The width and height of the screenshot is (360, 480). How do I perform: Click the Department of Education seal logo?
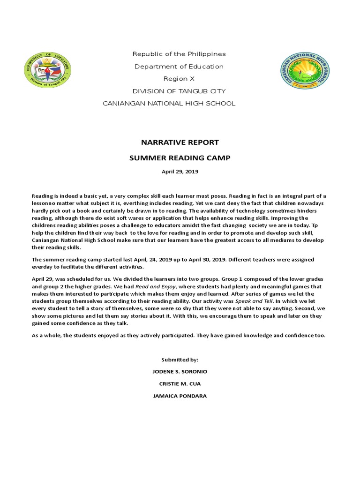pos(47,70)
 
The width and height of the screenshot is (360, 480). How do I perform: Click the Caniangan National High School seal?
pos(305,70)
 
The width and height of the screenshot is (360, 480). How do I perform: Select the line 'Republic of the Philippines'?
pos(180,54)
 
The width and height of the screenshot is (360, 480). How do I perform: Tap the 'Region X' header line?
pos(180,79)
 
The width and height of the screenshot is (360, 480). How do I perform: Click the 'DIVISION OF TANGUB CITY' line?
pos(180,91)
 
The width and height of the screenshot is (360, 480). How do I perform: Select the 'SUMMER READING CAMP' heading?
pos(180,158)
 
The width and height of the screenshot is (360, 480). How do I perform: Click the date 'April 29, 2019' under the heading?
pos(180,172)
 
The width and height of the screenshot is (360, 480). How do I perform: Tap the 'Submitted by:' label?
pos(180,360)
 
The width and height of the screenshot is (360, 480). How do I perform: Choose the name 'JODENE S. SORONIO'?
pos(180,372)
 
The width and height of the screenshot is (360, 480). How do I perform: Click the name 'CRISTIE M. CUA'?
pos(180,384)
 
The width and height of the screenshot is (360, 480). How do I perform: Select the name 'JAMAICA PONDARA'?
pos(180,396)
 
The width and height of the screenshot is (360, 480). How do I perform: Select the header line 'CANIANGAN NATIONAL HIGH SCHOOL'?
pos(169,103)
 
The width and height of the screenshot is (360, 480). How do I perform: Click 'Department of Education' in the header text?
pos(180,67)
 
